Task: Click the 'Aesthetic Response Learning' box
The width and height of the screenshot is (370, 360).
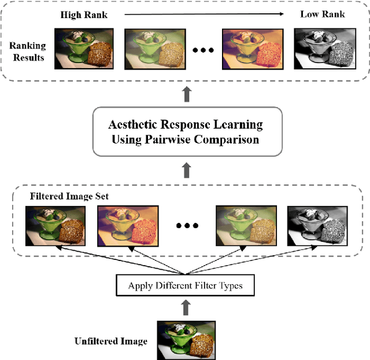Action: click(185, 131)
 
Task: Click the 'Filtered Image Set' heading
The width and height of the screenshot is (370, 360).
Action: click(69, 197)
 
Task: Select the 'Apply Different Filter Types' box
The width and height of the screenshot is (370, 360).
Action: click(185, 286)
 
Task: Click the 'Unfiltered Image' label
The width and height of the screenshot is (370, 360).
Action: click(111, 341)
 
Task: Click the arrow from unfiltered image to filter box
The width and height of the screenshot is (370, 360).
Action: click(185, 307)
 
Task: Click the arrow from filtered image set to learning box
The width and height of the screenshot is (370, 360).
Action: click(185, 171)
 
